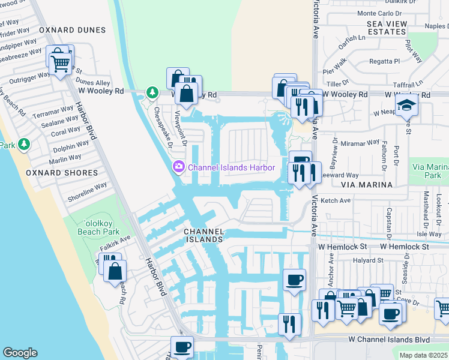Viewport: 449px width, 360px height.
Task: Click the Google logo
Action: pos(20,353)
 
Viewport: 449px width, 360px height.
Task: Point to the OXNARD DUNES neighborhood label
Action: pos(72,30)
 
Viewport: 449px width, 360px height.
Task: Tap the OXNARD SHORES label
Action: pos(62,173)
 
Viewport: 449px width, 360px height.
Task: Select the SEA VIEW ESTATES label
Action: pos(387,28)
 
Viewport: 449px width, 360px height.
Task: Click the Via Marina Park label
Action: pos(430,171)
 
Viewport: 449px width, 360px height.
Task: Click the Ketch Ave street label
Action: pos(336,200)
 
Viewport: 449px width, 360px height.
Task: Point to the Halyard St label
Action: pos(367,260)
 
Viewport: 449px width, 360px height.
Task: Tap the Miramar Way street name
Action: pos(360,143)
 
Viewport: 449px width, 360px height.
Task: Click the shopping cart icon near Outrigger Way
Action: pos(60,63)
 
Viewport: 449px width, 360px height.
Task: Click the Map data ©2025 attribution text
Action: pos(423,355)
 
